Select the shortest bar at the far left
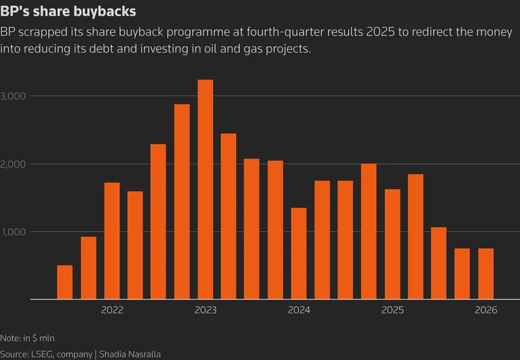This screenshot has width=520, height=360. (65, 283)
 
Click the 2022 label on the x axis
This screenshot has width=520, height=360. (112, 310)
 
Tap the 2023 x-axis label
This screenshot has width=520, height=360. (205, 310)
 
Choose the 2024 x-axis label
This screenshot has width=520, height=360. (299, 310)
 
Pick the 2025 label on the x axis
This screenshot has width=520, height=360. (392, 310)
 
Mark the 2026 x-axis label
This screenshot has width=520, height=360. (486, 310)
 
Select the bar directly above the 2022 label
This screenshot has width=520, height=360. (112, 241)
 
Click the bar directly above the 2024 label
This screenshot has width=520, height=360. (299, 254)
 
